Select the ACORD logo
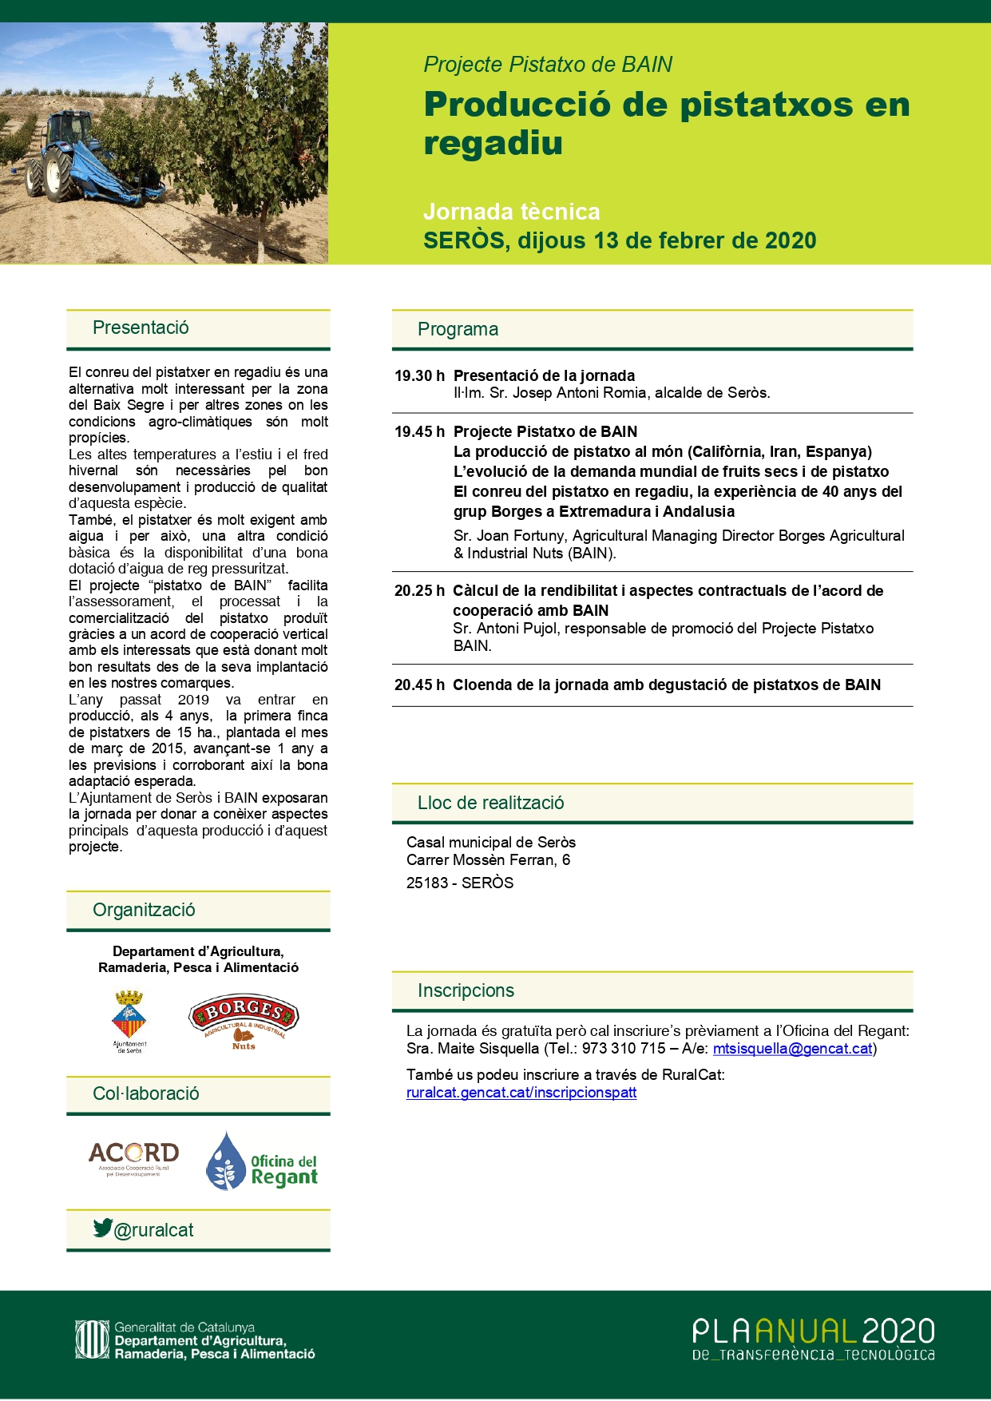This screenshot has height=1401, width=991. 133,1157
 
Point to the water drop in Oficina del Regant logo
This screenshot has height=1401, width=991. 225,1162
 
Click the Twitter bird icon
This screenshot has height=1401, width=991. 102,1228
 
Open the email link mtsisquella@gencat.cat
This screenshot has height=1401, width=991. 792,1049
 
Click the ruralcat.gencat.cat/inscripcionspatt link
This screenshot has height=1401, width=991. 521,1093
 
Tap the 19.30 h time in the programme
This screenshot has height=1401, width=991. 419,376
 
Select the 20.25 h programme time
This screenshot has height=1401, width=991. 419,591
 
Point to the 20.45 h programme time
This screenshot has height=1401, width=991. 419,685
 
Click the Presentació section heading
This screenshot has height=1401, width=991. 141,327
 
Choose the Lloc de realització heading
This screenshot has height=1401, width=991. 490,803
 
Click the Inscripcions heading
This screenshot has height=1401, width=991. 466,990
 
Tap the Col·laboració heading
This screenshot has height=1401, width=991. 146,1093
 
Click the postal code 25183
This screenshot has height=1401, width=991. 427,883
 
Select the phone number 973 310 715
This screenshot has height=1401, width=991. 624,1049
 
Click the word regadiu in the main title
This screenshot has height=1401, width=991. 493,143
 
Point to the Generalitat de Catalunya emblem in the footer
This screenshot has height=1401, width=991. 91,1339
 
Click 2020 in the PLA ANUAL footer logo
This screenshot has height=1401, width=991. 898,1332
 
